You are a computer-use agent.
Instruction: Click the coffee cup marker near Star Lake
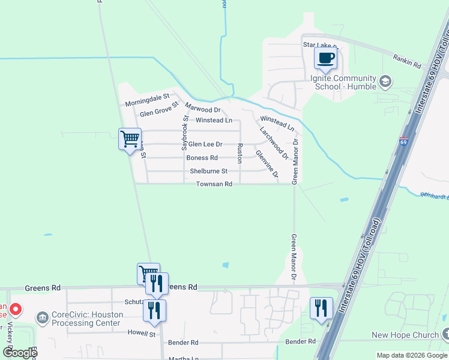[325, 59]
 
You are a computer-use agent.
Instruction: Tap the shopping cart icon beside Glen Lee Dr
[130, 140]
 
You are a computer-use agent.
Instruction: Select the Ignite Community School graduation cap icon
[385, 81]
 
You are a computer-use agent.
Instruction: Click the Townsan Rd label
[214, 184]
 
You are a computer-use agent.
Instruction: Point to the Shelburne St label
[209, 171]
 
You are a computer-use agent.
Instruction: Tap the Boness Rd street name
[202, 158]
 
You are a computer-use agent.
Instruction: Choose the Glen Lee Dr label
[205, 144]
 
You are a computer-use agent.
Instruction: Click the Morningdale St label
[148, 100]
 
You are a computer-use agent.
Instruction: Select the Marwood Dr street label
[203, 108]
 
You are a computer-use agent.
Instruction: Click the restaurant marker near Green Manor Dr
[321, 308]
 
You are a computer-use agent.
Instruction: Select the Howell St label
[141, 333]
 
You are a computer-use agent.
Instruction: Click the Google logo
[19, 352]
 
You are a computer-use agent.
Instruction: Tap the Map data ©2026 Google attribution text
[411, 355]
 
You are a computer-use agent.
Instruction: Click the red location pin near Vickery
[16, 310]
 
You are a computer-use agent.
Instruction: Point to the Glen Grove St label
[160, 109]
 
